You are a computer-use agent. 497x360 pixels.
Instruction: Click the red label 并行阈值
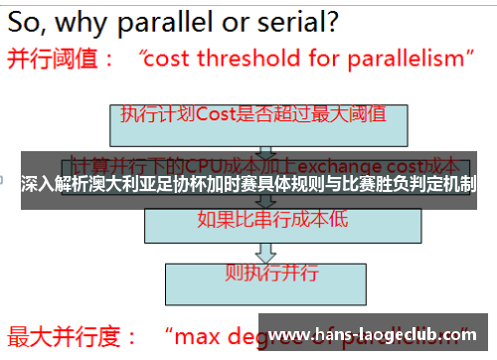tap(55, 60)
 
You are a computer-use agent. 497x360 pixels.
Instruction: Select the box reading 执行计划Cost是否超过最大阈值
tap(252, 115)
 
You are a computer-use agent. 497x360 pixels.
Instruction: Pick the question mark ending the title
tap(331, 20)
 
